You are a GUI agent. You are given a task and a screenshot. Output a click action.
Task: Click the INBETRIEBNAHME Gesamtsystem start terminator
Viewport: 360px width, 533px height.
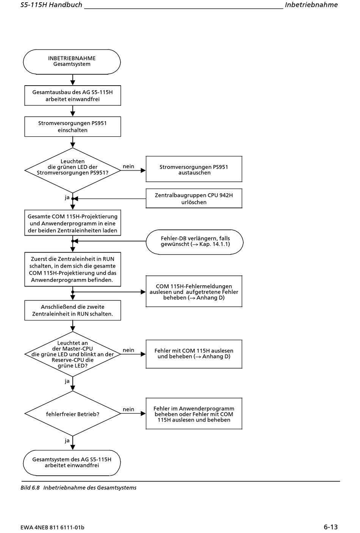(x=72, y=62)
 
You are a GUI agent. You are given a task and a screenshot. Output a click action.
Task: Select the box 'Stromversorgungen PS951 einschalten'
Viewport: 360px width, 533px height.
(x=73, y=127)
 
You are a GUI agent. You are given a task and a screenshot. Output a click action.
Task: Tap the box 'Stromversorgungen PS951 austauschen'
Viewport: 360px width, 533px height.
(x=194, y=169)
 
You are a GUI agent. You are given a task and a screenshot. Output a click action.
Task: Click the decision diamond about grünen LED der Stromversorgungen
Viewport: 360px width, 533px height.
(x=73, y=170)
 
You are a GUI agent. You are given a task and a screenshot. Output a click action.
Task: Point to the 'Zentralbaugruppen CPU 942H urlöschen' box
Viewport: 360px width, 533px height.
(x=194, y=199)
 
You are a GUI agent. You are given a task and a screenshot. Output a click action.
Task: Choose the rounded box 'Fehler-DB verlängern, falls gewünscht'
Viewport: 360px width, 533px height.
(x=194, y=242)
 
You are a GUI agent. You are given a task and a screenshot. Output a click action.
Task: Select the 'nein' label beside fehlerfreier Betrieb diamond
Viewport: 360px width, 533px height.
(x=128, y=409)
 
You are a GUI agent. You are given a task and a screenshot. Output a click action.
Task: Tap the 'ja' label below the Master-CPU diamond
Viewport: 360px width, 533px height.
(x=67, y=381)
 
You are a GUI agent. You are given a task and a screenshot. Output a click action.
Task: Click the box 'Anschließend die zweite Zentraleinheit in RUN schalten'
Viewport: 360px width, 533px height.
(x=73, y=310)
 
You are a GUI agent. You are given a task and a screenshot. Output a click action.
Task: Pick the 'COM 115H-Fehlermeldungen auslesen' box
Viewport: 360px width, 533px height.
(x=194, y=291)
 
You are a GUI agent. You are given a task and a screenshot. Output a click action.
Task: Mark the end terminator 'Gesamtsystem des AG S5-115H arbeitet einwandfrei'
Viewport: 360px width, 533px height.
(x=72, y=463)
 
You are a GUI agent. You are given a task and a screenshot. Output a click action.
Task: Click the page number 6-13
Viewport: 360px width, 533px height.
(x=330, y=527)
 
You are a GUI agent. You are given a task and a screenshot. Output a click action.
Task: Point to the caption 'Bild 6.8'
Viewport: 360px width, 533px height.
(x=30, y=488)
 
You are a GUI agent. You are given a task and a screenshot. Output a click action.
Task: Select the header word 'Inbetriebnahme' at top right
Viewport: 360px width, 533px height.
(x=311, y=5)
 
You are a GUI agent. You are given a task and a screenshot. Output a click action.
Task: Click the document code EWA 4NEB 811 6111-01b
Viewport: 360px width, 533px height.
(x=52, y=527)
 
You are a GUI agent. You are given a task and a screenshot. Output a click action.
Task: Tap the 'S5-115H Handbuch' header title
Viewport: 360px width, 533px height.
(x=52, y=5)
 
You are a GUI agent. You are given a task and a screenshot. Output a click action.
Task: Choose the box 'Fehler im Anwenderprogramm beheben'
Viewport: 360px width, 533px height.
(x=194, y=414)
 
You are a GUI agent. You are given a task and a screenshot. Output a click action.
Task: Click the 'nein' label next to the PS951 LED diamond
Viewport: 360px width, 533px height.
(x=128, y=166)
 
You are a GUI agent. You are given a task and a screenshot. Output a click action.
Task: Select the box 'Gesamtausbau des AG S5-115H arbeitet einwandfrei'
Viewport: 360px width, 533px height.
(x=73, y=95)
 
